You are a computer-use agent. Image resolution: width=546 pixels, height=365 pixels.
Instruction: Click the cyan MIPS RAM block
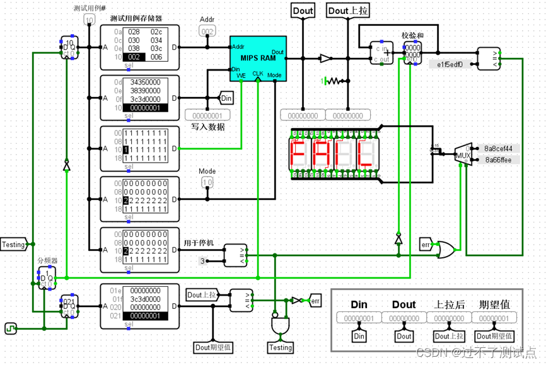[x=258, y=58]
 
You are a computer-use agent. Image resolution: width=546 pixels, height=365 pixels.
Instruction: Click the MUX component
[x=463, y=154]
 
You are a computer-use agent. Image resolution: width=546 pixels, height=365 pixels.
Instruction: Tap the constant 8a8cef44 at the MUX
[x=498, y=149]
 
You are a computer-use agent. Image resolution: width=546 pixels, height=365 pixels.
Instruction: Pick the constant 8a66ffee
[x=498, y=160]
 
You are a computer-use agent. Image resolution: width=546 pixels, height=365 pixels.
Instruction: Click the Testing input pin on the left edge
[x=14, y=245]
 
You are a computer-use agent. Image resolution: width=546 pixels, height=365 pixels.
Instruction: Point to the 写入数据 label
[x=208, y=127]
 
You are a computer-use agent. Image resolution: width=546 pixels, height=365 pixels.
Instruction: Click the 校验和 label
[x=412, y=35]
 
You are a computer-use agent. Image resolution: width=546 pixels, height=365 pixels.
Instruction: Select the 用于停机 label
[x=197, y=243]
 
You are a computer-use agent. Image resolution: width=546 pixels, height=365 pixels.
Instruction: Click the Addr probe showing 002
[x=207, y=31]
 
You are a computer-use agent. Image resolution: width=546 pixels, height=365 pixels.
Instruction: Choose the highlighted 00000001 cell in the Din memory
[x=144, y=108]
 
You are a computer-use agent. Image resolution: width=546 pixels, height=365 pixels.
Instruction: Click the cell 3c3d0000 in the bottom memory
[x=144, y=299]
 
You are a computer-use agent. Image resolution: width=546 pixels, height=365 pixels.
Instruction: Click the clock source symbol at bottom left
[x=11, y=328]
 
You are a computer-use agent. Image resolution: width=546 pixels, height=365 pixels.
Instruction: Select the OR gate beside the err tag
[x=447, y=248]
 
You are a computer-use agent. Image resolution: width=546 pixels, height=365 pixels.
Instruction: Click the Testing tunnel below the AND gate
[x=281, y=347]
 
